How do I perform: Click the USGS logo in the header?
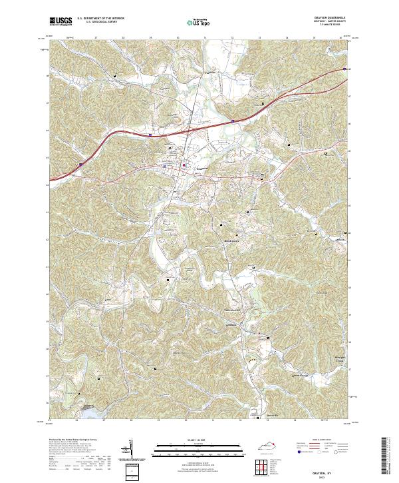click(x=61, y=21)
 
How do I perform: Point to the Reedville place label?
click(x=271, y=416)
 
